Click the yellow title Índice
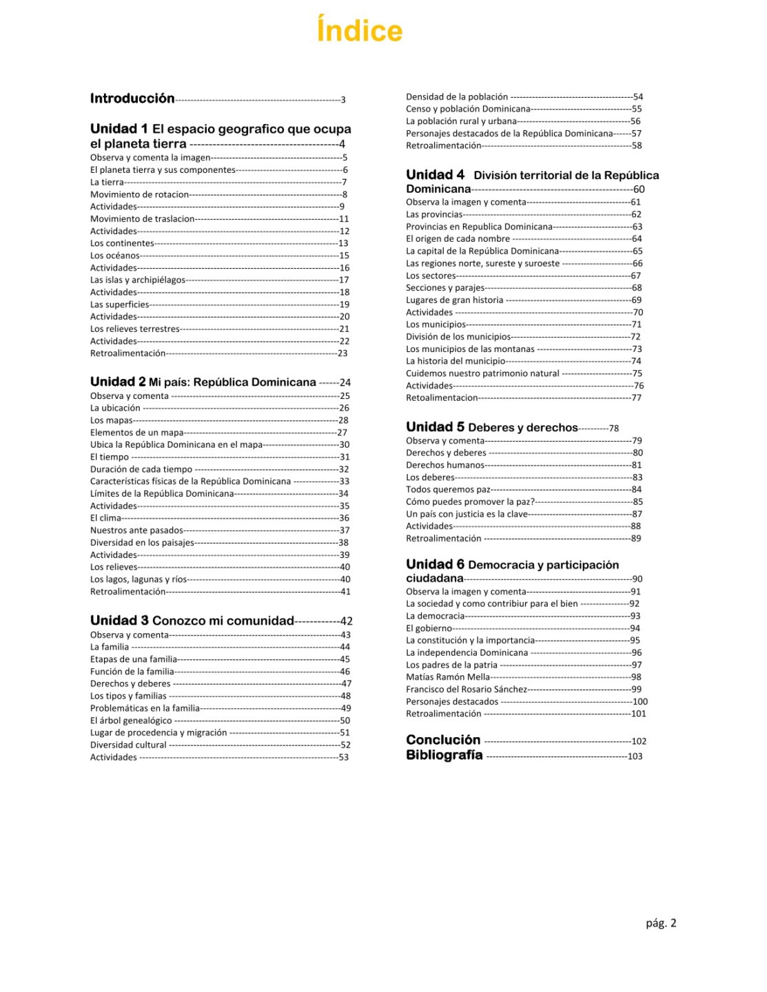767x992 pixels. [359, 31]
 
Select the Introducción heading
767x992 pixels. [132, 99]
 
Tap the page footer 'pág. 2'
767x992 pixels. [661, 923]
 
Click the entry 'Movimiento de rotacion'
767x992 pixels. [139, 194]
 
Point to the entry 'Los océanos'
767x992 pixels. [114, 256]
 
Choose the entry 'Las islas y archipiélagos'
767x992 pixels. [137, 280]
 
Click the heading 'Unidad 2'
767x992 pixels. [118, 382]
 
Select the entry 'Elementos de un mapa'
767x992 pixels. [136, 433]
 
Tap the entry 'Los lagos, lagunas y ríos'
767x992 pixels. [138, 579]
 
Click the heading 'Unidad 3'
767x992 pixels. [119, 621]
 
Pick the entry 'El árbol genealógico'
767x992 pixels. [131, 721]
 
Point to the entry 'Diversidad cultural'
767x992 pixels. [128, 745]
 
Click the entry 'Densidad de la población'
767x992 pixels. [456, 97]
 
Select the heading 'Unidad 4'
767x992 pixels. [435, 175]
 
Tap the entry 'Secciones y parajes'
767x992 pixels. [445, 288]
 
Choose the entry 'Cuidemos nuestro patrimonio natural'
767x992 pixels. [482, 373]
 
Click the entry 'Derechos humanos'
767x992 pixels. [445, 465]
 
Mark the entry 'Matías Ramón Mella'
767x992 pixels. [448, 677]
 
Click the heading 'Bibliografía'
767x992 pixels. [444, 755]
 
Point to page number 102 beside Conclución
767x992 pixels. [639, 741]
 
